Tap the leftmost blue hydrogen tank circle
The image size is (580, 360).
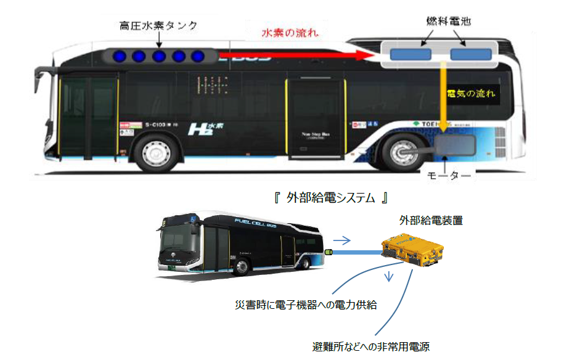[x=120, y=57]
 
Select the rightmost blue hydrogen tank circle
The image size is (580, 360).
[x=197, y=57]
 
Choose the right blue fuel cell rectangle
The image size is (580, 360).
[x=470, y=54]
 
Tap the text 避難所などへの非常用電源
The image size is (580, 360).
[x=371, y=346]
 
